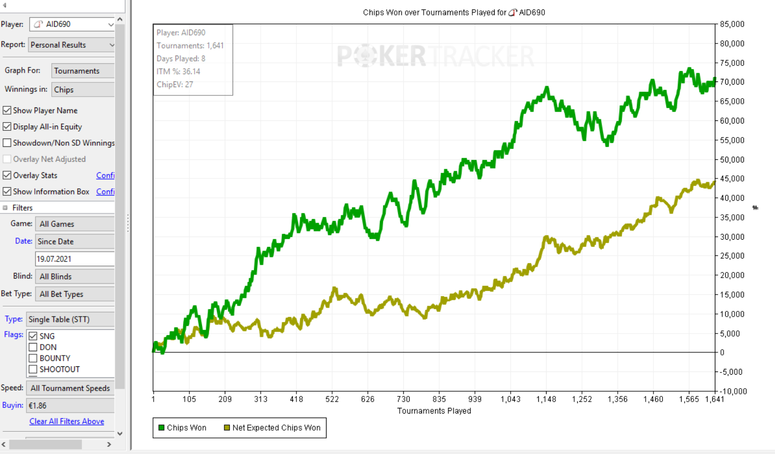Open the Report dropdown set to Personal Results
(x=72, y=45)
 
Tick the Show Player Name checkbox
(x=7, y=111)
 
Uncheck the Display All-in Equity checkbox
(x=7, y=127)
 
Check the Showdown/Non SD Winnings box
(x=7, y=143)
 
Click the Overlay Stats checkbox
(x=7, y=175)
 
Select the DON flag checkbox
(x=33, y=347)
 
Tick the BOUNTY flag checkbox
(x=33, y=358)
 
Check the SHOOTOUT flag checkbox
(x=33, y=369)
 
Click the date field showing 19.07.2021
(x=74, y=259)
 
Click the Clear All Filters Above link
(x=66, y=421)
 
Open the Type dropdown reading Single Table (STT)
(x=70, y=319)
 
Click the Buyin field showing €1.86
(x=70, y=405)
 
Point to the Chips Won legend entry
(x=182, y=428)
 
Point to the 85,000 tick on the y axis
(x=732, y=24)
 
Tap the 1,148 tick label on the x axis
(x=546, y=399)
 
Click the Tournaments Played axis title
(x=434, y=411)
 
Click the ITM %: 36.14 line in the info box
(x=178, y=72)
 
